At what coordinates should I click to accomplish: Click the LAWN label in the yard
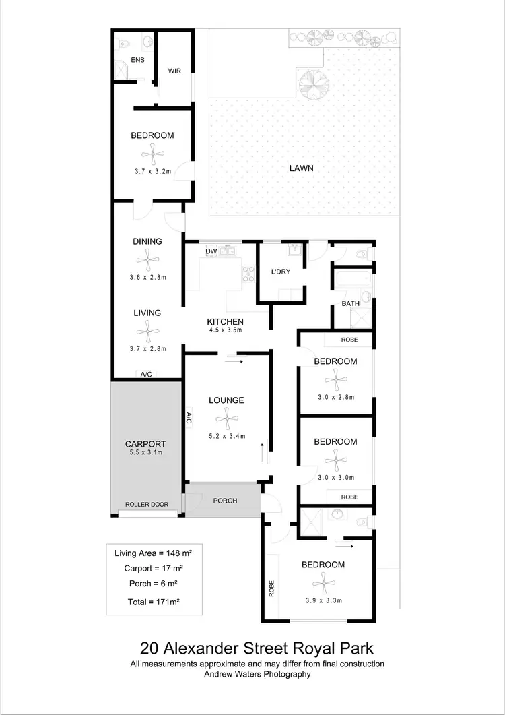302,168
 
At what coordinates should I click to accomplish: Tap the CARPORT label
145,444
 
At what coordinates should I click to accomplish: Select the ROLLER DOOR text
146,504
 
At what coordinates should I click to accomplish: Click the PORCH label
225,501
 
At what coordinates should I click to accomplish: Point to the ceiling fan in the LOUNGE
226,421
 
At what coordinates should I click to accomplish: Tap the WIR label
174,70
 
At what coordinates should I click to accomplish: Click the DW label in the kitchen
211,251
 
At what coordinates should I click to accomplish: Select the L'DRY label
280,272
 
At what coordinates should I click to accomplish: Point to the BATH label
350,304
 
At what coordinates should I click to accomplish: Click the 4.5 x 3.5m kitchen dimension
225,330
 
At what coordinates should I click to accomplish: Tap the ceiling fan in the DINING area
147,259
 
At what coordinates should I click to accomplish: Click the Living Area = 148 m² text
154,553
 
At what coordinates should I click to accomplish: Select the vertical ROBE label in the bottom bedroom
272,588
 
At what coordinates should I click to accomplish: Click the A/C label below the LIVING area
146,374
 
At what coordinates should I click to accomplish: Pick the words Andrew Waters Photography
257,674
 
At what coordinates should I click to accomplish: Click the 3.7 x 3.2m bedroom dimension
152,172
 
